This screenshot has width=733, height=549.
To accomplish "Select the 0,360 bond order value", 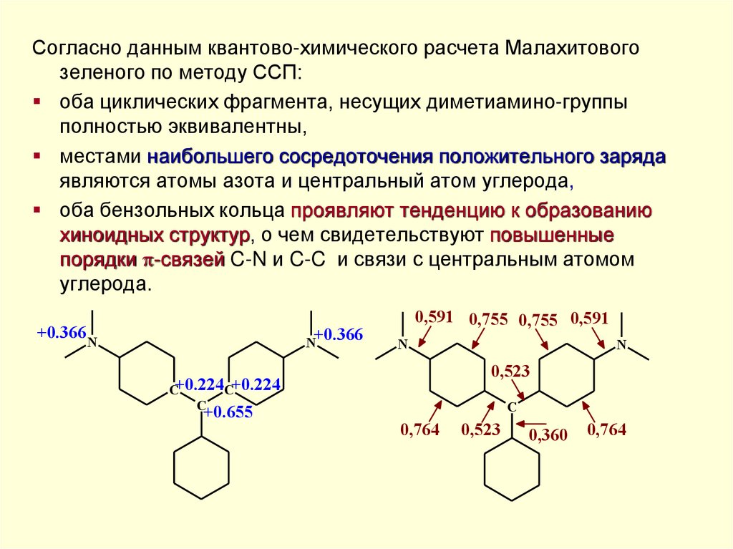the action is [x=548, y=434].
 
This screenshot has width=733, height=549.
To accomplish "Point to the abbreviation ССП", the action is [x=278, y=74].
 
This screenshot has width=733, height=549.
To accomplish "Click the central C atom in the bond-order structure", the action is [x=512, y=407].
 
